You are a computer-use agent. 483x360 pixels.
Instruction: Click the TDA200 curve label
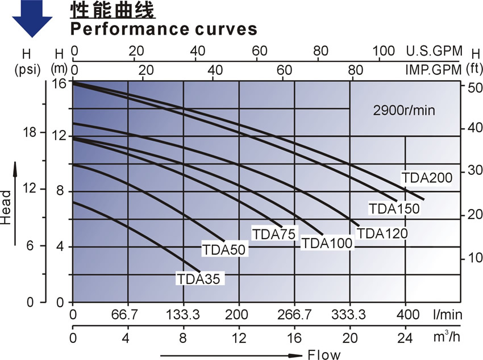[427, 178]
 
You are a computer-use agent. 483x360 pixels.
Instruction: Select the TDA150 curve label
[394, 208]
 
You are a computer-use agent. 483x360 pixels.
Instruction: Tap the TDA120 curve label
[382, 233]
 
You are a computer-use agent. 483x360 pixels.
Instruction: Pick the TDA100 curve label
[327, 243]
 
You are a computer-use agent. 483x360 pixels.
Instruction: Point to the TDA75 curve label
[275, 233]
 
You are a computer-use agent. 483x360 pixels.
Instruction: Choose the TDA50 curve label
[223, 249]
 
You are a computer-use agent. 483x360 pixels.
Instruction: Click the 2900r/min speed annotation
[404, 111]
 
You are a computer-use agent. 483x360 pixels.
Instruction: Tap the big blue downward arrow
[32, 16]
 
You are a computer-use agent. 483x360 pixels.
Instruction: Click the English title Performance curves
[164, 28]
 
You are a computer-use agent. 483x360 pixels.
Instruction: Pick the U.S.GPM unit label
[434, 51]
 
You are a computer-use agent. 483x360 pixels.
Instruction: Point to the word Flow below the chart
[324, 355]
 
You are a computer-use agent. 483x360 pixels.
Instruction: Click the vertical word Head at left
[7, 208]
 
